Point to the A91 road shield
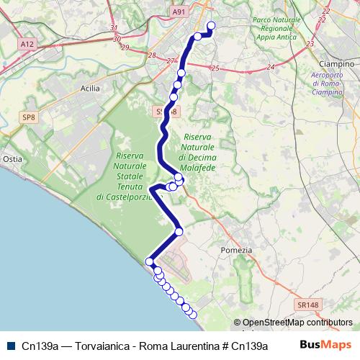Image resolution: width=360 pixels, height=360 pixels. (x=179, y=11)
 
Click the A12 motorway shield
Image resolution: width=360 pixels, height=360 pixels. (x=28, y=44)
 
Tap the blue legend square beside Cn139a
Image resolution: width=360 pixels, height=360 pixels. (x=10, y=345)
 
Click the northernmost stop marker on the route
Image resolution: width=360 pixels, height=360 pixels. (x=212, y=26)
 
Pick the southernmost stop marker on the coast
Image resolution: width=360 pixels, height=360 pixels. (x=192, y=314)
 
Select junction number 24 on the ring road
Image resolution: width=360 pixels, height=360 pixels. (x=271, y=67)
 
